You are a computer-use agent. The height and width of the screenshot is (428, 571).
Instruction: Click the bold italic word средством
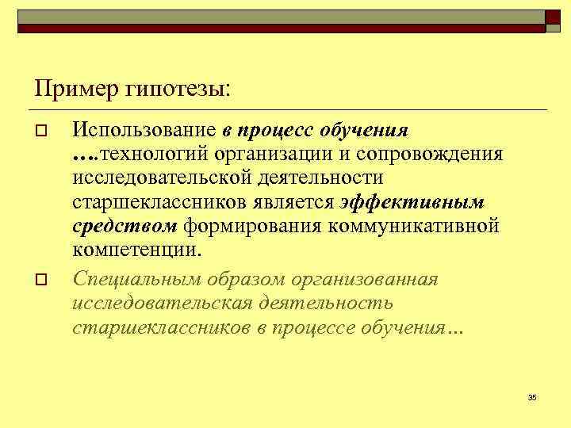tap(125, 227)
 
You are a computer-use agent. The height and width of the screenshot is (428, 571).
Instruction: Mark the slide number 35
tap(532, 396)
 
